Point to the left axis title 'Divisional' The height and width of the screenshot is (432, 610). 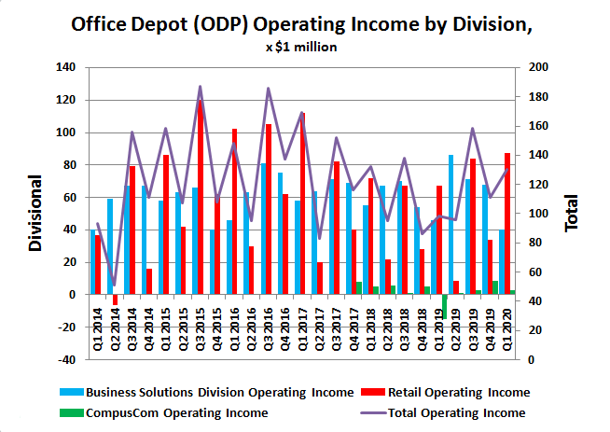(x=35, y=213)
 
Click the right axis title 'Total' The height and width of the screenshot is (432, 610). (x=571, y=213)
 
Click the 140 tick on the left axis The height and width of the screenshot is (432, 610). (x=65, y=67)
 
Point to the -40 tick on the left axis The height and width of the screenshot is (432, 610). (x=65, y=359)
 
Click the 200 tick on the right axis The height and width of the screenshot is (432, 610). (x=540, y=67)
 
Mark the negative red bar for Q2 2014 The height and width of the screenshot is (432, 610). (x=115, y=300)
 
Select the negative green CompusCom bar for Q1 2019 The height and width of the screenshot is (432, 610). (x=445, y=305)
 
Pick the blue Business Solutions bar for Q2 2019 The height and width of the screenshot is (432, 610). (x=451, y=225)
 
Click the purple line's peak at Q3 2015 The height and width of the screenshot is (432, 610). (x=200, y=87)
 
